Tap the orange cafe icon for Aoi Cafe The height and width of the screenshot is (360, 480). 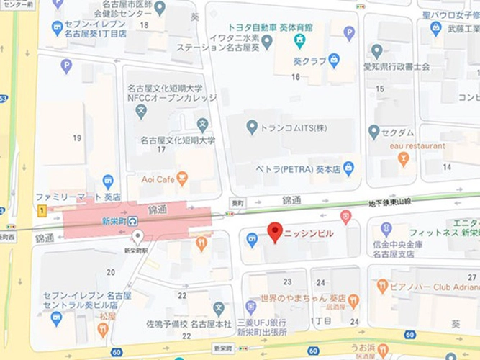182,177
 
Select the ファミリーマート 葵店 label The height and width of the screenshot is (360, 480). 78,197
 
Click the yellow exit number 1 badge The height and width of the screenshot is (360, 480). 42,210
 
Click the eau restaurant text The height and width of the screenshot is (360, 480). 417,145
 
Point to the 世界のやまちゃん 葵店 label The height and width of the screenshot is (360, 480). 303,298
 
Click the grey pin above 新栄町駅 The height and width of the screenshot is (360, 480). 138,236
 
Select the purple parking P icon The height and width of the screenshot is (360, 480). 66,66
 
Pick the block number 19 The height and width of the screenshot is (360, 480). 76,137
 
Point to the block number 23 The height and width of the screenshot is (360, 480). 288,282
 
